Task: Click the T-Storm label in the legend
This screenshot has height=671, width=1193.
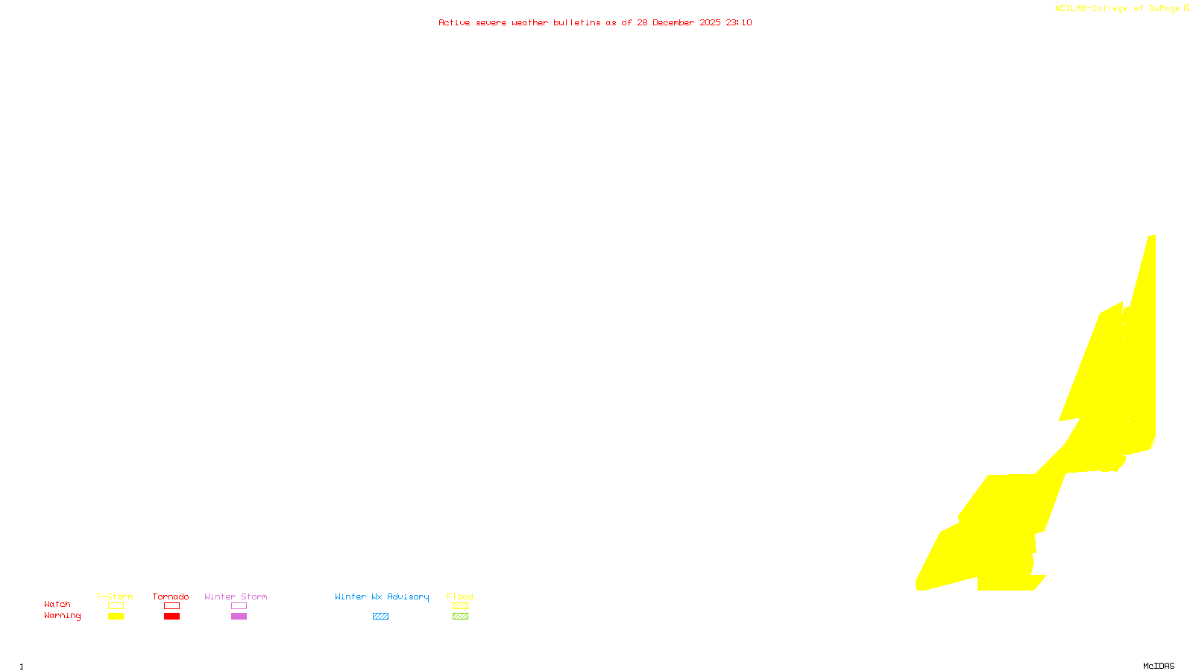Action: point(115,596)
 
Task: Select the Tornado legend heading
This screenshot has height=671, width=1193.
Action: point(171,596)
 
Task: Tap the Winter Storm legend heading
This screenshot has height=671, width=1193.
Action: point(236,596)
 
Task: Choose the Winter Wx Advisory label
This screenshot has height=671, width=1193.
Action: point(382,596)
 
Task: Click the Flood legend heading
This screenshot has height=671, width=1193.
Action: point(460,596)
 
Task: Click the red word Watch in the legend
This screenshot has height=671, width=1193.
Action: point(57,604)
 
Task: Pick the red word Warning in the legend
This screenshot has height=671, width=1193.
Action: point(62,616)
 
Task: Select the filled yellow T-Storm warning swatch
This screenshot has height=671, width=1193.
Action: point(116,617)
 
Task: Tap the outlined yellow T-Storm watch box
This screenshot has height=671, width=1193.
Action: point(116,606)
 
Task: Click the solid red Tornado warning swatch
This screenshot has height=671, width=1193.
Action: point(172,617)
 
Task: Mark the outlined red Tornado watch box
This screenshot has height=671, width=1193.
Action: point(172,606)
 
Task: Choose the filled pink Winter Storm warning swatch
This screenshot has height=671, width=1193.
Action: point(239,617)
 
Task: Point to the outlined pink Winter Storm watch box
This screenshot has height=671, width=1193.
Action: point(239,606)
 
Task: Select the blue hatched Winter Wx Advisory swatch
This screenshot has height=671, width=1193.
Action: point(380,617)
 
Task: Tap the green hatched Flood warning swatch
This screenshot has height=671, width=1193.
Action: point(461,617)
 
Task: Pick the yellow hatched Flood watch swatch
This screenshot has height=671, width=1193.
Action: point(461,606)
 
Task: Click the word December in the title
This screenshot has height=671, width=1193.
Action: point(673,22)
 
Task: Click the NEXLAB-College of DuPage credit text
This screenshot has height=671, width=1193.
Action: point(1118,9)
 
